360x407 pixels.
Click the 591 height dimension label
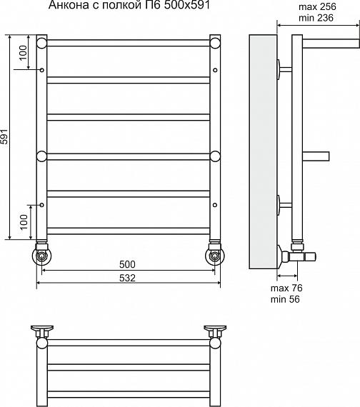(x=4, y=136)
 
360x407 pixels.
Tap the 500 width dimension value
(x=127, y=264)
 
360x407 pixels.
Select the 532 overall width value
(x=127, y=278)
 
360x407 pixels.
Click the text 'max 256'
(x=317, y=6)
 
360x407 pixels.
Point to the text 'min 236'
(x=316, y=18)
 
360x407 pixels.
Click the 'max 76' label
(x=286, y=288)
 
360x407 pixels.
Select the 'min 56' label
(x=285, y=299)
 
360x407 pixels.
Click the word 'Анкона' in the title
(x=69, y=5)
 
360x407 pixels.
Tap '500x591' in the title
(x=186, y=5)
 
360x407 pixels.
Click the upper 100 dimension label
(x=23, y=52)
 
